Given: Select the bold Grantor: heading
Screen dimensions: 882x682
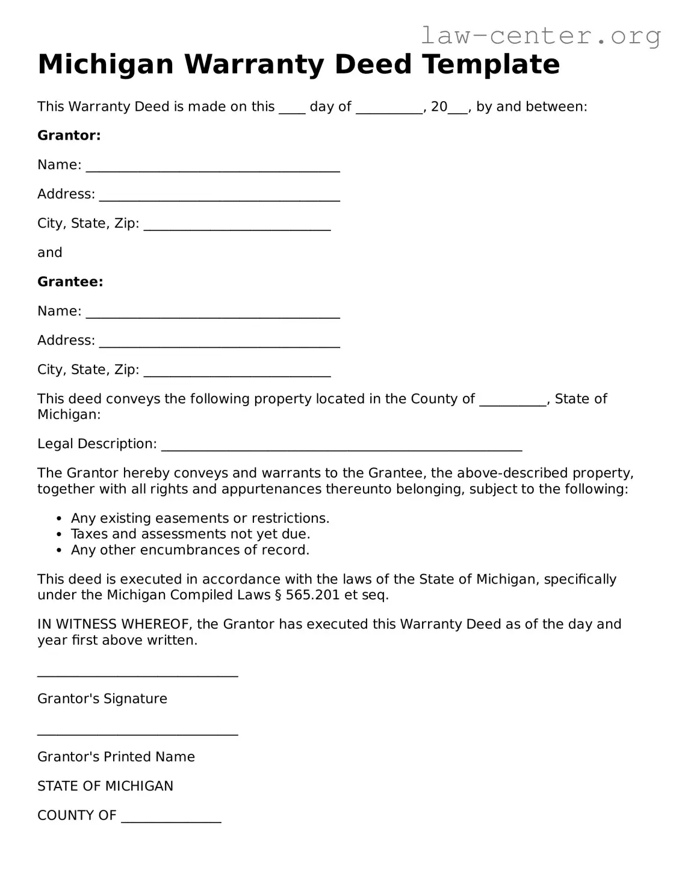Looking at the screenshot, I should (69, 135).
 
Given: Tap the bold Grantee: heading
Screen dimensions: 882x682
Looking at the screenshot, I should (70, 282).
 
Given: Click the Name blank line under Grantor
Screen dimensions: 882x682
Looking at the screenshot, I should (212, 168).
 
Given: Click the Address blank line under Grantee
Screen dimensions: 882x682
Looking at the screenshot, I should (219, 344).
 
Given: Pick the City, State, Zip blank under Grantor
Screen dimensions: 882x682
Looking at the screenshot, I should (237, 226).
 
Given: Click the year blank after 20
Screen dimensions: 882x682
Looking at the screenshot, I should (458, 109).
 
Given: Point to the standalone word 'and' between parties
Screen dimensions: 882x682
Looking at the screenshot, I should (49, 253).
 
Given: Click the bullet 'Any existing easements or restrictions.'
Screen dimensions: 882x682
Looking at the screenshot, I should (200, 518).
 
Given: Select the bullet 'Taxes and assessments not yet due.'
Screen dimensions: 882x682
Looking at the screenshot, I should (190, 534).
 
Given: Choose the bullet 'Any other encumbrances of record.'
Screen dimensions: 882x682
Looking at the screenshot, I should (190, 549).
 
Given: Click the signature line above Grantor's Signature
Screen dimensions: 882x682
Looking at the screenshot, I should (137, 674).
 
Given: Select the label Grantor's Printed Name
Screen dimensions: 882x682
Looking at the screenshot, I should (116, 756).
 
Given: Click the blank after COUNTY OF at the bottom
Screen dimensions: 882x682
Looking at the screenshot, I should (171, 819).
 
